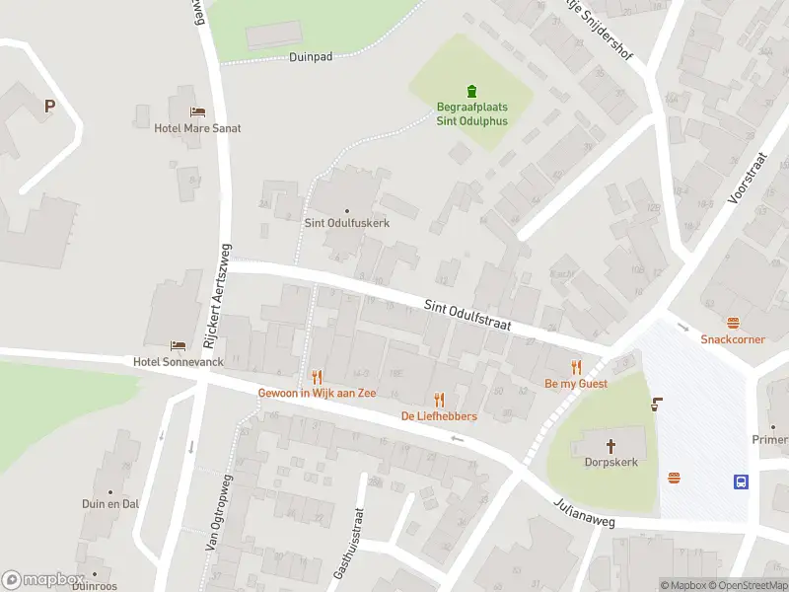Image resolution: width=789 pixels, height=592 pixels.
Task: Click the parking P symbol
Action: click(47, 107)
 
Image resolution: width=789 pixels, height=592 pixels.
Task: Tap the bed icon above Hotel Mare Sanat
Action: click(197, 112)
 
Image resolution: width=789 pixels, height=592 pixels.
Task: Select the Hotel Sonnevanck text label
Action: click(179, 362)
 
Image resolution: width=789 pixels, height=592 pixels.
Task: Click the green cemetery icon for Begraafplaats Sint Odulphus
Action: click(470, 92)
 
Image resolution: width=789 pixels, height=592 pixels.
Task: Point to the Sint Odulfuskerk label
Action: click(346, 224)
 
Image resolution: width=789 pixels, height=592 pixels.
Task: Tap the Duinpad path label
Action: click(311, 57)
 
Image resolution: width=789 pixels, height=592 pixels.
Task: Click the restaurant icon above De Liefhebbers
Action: click(439, 400)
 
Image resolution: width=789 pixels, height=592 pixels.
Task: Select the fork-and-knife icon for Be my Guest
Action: click(577, 367)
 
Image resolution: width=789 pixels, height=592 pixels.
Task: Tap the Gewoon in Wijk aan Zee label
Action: click(317, 392)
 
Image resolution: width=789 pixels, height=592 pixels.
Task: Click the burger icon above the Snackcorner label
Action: click(733, 323)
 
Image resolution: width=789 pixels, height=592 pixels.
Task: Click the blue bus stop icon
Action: click(741, 481)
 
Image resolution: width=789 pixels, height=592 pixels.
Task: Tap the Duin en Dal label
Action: click(110, 503)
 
